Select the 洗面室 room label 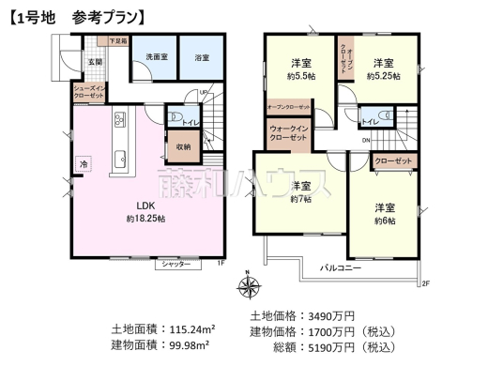pos(155,57)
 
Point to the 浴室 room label pos(202,57)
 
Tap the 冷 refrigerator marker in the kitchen pos(84,162)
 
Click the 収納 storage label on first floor pos(182,147)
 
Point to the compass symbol pos(246,287)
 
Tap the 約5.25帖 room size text pos(383,76)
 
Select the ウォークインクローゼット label pos(287,133)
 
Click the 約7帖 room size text pos(300,200)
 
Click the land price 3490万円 pos(334,314)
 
